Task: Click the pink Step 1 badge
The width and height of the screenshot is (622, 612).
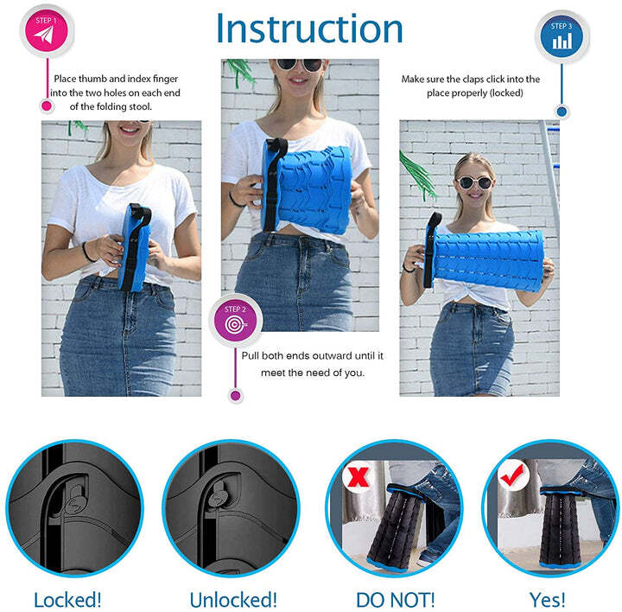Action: click(47, 31)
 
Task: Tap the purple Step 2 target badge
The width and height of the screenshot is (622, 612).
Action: click(236, 321)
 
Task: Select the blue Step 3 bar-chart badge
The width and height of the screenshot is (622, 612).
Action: click(562, 37)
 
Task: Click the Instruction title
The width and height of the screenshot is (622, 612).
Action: click(309, 29)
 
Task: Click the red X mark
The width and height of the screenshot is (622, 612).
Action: click(358, 476)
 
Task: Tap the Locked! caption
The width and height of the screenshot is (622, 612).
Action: click(67, 599)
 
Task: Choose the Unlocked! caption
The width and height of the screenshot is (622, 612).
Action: click(233, 599)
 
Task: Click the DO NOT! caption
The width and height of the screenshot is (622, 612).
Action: click(395, 599)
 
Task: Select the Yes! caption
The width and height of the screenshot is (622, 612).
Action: click(548, 599)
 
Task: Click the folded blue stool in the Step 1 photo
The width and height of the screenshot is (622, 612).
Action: click(136, 248)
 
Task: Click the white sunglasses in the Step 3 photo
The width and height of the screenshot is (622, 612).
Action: click(474, 183)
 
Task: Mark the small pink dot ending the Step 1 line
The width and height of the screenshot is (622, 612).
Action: click(47, 105)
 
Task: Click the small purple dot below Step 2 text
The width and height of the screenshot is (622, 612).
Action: click(236, 395)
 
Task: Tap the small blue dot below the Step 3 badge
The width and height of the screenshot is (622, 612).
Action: click(562, 112)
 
